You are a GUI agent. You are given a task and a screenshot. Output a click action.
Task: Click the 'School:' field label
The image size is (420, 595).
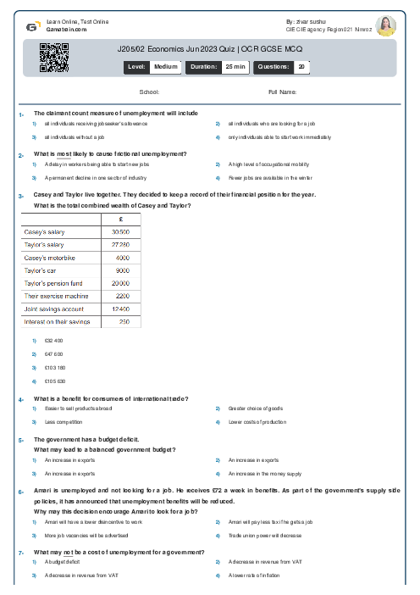coord(149,92)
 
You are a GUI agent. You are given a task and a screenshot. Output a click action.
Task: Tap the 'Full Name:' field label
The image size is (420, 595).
coord(282,92)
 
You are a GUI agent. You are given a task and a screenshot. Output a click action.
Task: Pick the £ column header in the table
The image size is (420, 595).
coord(123,219)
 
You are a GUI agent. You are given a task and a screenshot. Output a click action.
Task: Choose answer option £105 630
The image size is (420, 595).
coord(54,381)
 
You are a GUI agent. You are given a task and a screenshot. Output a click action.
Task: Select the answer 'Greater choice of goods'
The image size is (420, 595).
coord(256,408)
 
